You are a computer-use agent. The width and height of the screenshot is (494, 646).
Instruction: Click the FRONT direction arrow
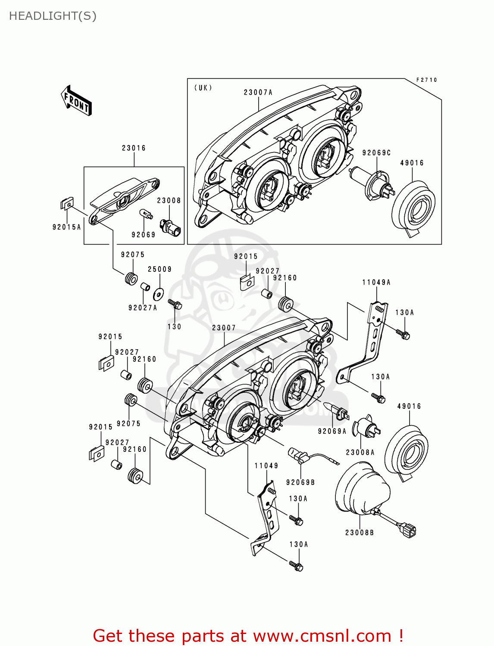point(76,100)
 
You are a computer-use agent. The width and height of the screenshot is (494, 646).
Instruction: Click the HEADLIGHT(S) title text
point(53,16)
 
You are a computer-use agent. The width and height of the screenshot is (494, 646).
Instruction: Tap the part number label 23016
point(134,148)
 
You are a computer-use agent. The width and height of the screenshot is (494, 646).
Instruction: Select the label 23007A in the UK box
point(258,93)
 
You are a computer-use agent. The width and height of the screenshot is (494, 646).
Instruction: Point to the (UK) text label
point(203,88)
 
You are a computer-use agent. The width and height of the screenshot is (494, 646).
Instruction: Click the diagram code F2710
point(427,80)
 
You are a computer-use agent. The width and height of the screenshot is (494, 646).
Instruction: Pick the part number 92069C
point(376,153)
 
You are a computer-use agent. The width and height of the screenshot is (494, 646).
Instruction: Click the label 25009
point(159,269)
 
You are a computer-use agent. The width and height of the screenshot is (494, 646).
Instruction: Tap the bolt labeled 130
point(175,304)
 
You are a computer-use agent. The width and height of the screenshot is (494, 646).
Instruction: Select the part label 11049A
point(376,282)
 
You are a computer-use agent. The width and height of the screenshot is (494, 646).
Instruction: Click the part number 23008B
point(360,532)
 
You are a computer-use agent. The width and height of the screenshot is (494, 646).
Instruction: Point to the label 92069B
point(300,482)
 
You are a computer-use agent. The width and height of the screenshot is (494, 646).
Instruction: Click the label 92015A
point(66,227)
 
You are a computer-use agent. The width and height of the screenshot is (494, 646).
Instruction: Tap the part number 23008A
point(360,452)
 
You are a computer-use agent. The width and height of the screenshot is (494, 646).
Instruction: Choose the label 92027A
point(143,307)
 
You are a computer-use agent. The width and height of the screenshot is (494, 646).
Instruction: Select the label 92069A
point(332,431)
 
